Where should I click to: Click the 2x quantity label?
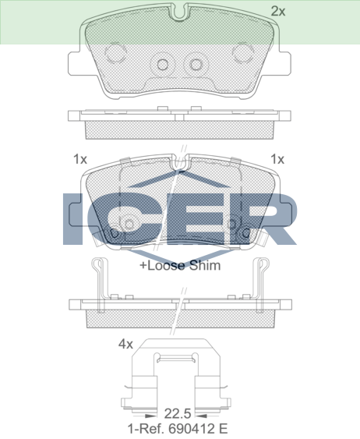[278, 11]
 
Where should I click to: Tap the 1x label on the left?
[80, 159]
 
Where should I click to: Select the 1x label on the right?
[277, 159]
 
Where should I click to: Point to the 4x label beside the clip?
[125, 344]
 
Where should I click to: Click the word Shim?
[205, 265]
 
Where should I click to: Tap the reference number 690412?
[192, 428]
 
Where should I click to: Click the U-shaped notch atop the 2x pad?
[180, 12]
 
